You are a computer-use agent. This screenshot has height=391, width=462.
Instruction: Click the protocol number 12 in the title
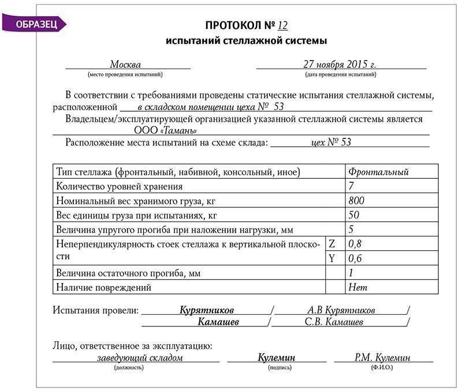tap(282, 25)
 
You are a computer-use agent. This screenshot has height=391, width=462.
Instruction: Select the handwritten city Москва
tap(125, 64)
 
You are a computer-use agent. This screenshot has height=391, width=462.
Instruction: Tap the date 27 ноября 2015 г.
tap(340, 64)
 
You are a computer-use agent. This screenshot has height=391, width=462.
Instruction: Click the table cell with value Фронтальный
tap(378, 172)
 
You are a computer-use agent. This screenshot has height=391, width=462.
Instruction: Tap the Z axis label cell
tap(332, 244)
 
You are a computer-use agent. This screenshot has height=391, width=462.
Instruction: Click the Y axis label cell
tap(332, 258)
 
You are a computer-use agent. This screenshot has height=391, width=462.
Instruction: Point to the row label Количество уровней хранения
tap(119, 186)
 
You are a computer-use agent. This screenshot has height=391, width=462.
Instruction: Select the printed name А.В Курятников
tap(341, 310)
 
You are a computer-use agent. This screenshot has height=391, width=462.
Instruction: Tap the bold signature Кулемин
tap(276, 358)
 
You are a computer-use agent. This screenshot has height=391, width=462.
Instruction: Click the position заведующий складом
tap(140, 358)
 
